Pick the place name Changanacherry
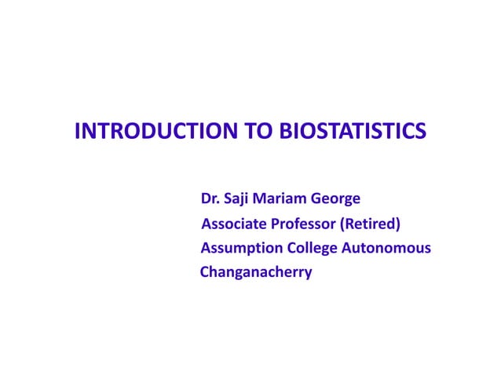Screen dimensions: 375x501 click(x=256, y=274)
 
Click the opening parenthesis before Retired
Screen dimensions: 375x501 click(x=342, y=224)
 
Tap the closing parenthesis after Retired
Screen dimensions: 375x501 click(x=398, y=224)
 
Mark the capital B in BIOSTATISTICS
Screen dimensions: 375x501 click(x=286, y=131)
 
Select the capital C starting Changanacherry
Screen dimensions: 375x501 click(x=205, y=273)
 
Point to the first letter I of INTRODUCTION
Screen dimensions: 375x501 click(x=77, y=131)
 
